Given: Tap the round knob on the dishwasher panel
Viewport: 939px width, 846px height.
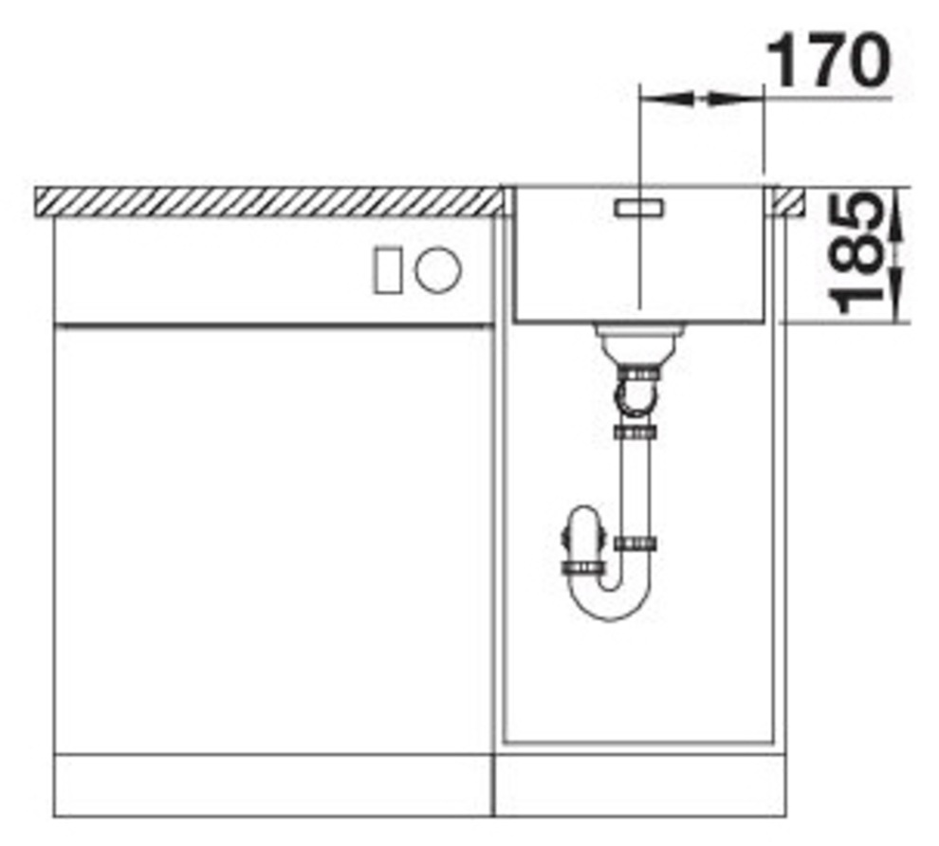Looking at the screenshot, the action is tap(438, 269).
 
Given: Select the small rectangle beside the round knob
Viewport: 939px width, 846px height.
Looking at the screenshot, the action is tap(388, 270).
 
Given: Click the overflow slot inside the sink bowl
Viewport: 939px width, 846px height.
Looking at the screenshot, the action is tap(638, 208).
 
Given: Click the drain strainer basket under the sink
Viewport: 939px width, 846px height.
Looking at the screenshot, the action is tap(638, 343).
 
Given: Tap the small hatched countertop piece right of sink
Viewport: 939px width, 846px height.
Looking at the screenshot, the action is tap(788, 201).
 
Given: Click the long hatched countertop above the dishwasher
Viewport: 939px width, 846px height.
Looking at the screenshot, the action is tap(268, 201).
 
